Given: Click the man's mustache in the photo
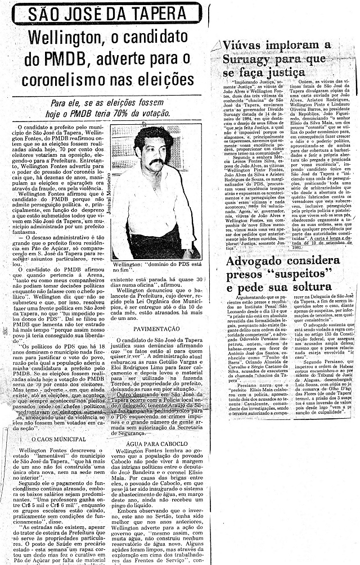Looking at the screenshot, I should tap(154, 162).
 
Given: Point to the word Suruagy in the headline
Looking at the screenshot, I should tap(250, 58).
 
